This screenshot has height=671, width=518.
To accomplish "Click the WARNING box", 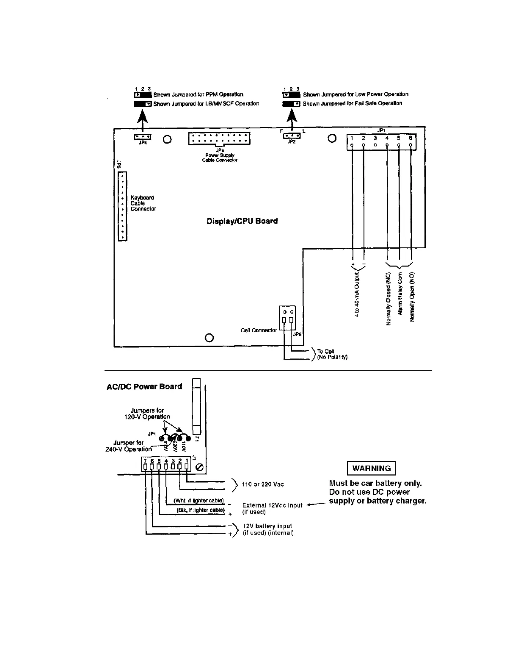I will [x=371, y=468].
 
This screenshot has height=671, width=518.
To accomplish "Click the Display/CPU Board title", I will [x=242, y=221].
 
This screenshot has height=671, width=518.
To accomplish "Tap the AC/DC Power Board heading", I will [x=144, y=386].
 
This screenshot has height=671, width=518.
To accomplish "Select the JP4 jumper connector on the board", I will [x=143, y=137].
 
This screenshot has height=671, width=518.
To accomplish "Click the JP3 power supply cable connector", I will [x=219, y=139].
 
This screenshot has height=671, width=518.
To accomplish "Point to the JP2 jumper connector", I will [x=292, y=136].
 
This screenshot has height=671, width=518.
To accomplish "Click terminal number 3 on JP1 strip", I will [x=375, y=138].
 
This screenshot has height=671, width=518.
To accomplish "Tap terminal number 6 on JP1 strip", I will [x=411, y=138].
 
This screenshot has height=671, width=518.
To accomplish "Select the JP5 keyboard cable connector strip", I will [x=122, y=206].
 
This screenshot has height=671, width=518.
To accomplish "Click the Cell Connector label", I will [x=259, y=330].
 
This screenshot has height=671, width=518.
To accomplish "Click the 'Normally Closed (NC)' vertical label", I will [x=388, y=299].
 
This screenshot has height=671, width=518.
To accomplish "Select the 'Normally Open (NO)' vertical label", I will [x=412, y=297].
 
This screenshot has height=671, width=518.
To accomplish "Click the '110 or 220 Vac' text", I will [x=263, y=484].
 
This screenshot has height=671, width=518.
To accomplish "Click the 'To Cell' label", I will [x=325, y=351].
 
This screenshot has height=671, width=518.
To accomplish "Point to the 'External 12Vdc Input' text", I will [x=272, y=505].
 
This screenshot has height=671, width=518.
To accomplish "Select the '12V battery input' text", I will [x=267, y=526].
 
